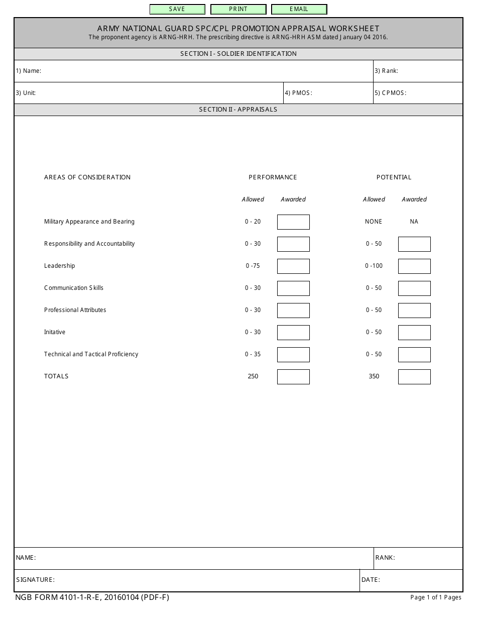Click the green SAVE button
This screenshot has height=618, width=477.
pyautogui.click(x=177, y=9)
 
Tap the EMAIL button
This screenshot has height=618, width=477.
pyautogui.click(x=299, y=9)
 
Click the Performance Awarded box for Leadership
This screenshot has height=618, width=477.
pyautogui.click(x=293, y=266)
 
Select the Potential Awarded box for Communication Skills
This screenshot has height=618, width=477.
pyautogui.click(x=414, y=288)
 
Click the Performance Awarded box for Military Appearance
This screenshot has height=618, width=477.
pyautogui.click(x=293, y=222)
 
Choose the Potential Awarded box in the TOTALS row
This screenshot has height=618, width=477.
pyautogui.click(x=414, y=376)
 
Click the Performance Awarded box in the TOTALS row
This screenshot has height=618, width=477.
pyautogui.click(x=293, y=376)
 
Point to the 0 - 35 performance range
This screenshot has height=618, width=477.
pyautogui.click(x=253, y=354)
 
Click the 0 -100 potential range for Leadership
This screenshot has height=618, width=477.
pyautogui.click(x=374, y=266)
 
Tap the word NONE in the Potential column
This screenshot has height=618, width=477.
pyautogui.click(x=374, y=222)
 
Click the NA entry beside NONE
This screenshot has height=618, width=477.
pyautogui.click(x=414, y=222)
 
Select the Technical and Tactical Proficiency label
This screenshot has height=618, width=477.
pyautogui.click(x=91, y=354)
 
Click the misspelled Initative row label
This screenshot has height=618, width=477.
pyautogui.click(x=55, y=332)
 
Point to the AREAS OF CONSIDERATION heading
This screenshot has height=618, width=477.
pyautogui.click(x=87, y=177)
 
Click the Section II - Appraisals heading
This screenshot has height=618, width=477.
pyautogui.click(x=238, y=110)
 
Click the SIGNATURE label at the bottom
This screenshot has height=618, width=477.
pyautogui.click(x=35, y=580)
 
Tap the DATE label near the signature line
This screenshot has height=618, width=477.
pyautogui.click(x=371, y=580)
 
